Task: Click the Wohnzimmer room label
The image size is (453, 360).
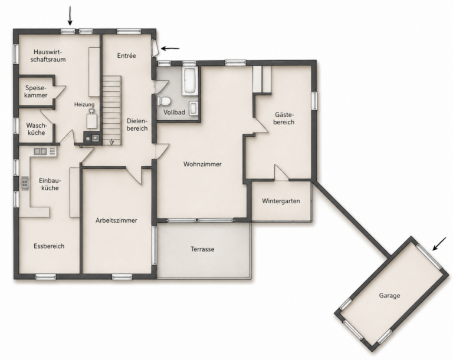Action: (202, 164)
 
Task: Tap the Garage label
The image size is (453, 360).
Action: (389, 296)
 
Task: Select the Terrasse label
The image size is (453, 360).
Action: (202, 249)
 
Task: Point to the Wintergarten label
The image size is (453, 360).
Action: (281, 201)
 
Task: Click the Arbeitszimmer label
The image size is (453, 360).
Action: (116, 220)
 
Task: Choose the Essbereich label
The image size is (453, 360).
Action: (49, 246)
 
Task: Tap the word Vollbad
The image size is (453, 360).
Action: (174, 113)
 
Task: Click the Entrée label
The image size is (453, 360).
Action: (127, 55)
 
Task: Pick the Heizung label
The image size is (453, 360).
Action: (84, 104)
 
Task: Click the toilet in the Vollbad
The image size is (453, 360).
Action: (164, 101)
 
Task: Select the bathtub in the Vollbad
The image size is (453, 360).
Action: (190, 81)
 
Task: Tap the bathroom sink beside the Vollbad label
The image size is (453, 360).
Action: (193, 108)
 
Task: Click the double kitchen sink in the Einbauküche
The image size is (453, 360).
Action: (41, 151)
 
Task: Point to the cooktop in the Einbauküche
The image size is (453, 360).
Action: (25, 183)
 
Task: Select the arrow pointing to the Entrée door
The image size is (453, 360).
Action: (170, 48)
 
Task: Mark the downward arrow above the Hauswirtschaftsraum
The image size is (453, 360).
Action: (70, 16)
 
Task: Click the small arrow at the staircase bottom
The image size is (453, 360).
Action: (111, 143)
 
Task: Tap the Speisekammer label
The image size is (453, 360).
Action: (36, 91)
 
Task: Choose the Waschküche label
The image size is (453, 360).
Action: (36, 129)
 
